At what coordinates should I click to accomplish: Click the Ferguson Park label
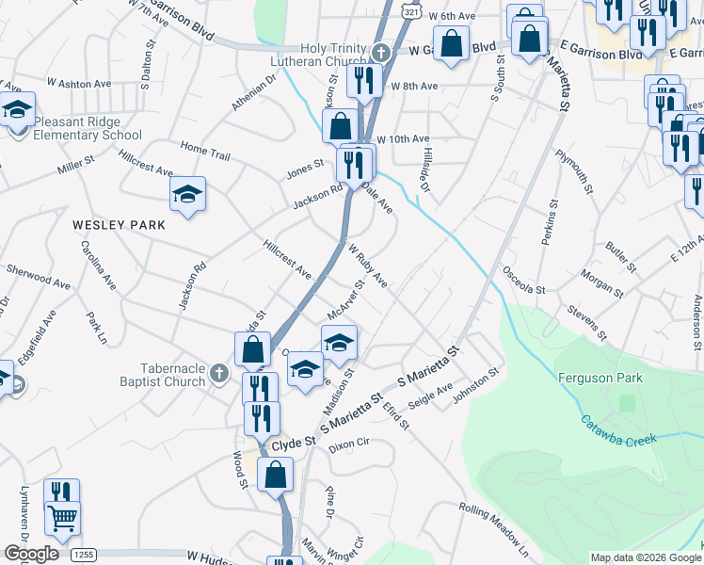[x=599, y=378]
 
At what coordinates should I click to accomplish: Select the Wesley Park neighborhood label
[x=119, y=225]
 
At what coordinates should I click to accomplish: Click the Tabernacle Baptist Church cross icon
[x=218, y=373]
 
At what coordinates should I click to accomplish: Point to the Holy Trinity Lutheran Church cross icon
[x=380, y=53]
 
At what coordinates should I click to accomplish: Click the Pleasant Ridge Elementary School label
[x=88, y=128]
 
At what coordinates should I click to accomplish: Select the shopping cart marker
[x=62, y=516]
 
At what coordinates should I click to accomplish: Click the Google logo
[x=31, y=553]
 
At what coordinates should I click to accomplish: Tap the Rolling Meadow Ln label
[x=494, y=525]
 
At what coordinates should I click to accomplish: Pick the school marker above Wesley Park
[x=187, y=195]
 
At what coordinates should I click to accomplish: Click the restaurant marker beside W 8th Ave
[x=362, y=81]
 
